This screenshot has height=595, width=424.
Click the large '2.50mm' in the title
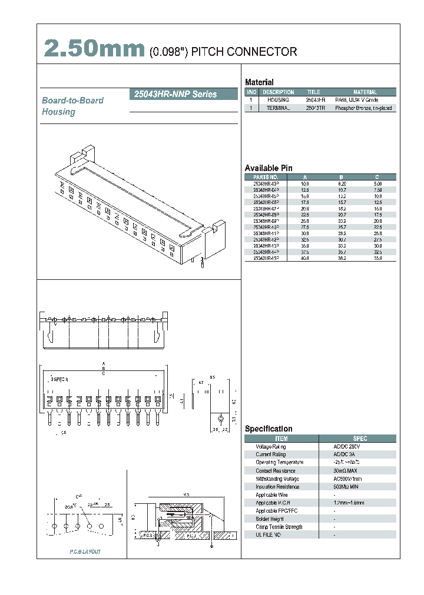(94, 49)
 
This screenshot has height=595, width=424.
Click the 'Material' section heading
(259, 82)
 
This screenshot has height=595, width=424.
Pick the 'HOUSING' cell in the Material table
(278, 100)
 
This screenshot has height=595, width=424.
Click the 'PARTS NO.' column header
(266, 177)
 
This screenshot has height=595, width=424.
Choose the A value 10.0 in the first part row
(305, 184)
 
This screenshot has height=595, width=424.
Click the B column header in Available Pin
(341, 177)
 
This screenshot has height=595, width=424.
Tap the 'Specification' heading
(269, 429)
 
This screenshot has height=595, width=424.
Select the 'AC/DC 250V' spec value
(346, 447)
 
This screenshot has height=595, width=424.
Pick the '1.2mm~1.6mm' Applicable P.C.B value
(349, 503)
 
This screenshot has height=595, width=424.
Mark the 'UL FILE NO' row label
(269, 535)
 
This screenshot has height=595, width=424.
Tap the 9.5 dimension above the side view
(212, 377)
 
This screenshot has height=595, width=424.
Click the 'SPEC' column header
(360, 439)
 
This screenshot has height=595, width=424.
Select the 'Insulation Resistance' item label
(277, 487)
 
